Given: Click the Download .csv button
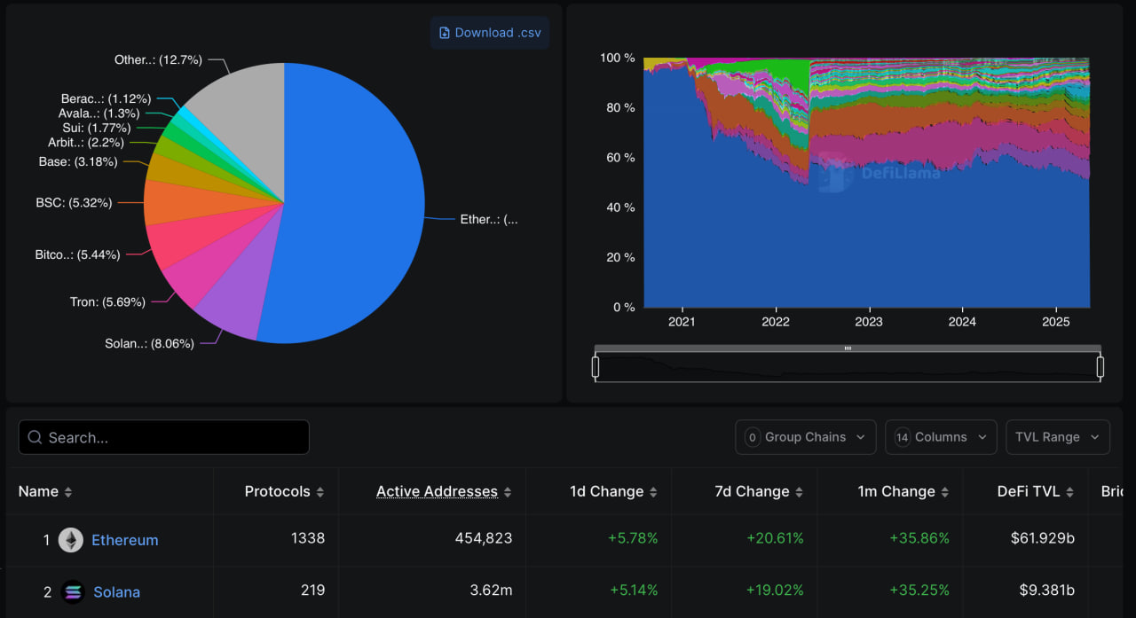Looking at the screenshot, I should (489, 33).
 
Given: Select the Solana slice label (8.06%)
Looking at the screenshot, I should (149, 343).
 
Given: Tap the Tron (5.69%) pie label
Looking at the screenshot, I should (107, 301).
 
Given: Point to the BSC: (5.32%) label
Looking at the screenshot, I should (74, 202).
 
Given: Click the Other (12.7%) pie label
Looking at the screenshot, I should (158, 59).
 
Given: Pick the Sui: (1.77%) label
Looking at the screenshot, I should (96, 128).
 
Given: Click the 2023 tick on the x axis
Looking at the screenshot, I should (869, 322).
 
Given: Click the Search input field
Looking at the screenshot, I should (164, 437).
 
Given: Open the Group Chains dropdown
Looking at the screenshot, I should (805, 437).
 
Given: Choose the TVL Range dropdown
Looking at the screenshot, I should (1057, 437).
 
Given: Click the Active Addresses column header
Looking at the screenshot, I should (437, 491).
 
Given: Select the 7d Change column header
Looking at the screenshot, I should (751, 491).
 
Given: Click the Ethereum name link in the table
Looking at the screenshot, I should (125, 540).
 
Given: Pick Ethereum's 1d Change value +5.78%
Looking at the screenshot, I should (633, 538).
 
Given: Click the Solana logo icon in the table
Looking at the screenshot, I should (73, 591).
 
